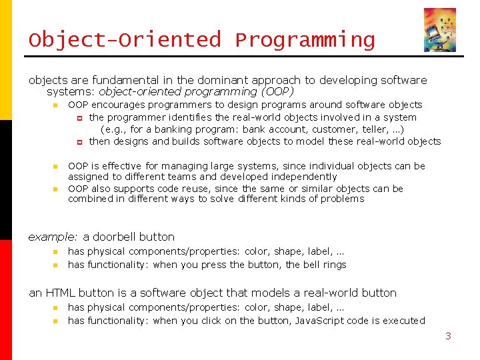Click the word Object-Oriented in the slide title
click(x=124, y=40)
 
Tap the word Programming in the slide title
click(x=305, y=40)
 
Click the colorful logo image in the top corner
click(x=439, y=30)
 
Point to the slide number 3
click(x=448, y=336)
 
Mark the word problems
click(x=342, y=199)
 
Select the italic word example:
click(x=53, y=237)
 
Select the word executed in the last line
click(x=403, y=321)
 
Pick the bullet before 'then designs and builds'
click(x=79, y=142)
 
